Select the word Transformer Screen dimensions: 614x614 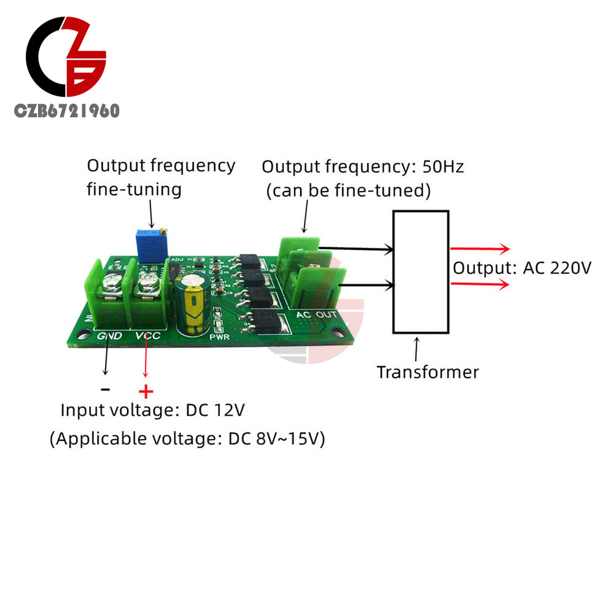point(427,372)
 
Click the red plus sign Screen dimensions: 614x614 point(146,391)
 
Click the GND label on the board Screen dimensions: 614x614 point(110,336)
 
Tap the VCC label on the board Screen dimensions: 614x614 point(148,336)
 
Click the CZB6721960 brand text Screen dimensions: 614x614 point(67,111)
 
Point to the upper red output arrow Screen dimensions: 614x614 point(480,249)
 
